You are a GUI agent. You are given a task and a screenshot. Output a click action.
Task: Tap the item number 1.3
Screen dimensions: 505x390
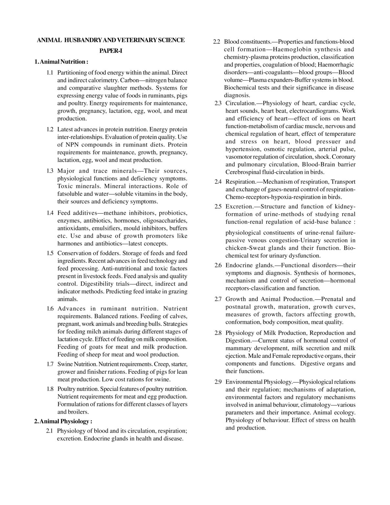tap(50, 171)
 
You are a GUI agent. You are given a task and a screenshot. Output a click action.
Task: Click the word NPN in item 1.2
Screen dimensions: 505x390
tap(72, 145)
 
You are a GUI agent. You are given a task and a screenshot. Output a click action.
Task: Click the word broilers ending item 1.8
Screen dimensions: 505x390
tap(78, 412)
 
